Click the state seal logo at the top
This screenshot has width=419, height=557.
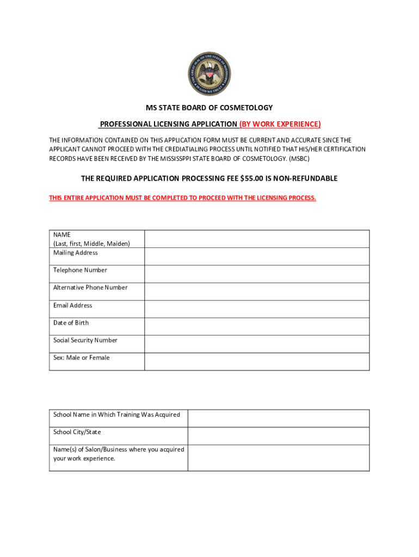tap(209, 74)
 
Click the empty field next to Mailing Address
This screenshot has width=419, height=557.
tap(257, 256)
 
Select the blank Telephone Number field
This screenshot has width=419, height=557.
tap(257, 274)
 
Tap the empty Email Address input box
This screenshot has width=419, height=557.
tap(257, 309)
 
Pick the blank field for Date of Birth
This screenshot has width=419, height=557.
tap(257, 326)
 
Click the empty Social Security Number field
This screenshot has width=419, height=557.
tap(257, 344)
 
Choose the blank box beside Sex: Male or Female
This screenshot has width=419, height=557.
tap(257, 362)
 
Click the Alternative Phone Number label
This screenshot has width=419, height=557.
tap(90, 288)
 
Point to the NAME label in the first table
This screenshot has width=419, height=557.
tap(62, 234)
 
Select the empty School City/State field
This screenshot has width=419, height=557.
tap(279, 436)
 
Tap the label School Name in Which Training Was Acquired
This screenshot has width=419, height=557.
tap(116, 415)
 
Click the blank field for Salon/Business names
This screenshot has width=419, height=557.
tap(279, 458)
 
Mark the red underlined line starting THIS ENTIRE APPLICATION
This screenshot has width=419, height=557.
tap(182, 198)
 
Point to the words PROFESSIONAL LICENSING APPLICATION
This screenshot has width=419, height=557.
tap(168, 124)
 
